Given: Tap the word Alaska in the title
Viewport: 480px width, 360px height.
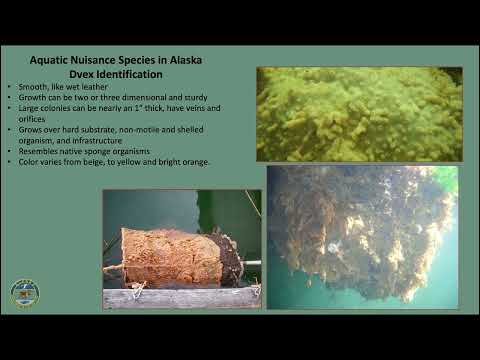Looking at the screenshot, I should click(183, 61).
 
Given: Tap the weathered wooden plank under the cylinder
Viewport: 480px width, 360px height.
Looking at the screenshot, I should click(180, 297).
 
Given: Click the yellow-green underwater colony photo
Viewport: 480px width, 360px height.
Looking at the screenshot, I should click(358, 113).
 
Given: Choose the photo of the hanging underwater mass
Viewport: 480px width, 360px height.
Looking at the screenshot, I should click(362, 236).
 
